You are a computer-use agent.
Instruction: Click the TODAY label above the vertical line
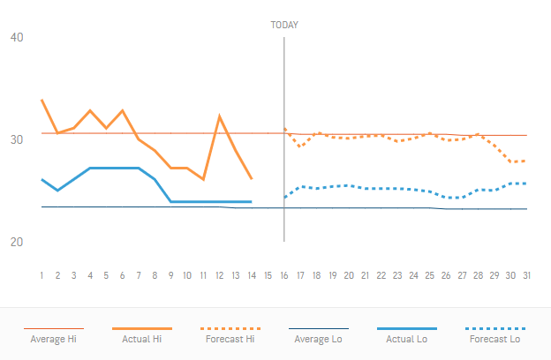click(x=283, y=25)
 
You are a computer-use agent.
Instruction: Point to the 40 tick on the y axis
click(x=18, y=37)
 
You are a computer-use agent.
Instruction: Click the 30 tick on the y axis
click(x=18, y=139)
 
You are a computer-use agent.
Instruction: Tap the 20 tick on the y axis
click(x=18, y=242)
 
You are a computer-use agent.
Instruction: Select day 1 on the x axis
click(x=42, y=275)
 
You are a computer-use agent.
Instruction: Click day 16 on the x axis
click(x=284, y=275)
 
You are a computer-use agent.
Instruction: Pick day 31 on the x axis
click(x=526, y=275)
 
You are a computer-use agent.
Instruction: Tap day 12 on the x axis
click(x=219, y=275)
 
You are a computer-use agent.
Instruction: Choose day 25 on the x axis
click(x=429, y=275)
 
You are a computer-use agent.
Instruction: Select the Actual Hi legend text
click(x=141, y=338)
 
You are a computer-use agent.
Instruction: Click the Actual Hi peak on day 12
click(x=219, y=116)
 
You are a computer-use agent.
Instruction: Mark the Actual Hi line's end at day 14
click(x=252, y=179)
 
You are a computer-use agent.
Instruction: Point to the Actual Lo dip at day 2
click(x=57, y=191)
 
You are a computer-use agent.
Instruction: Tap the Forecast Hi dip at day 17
click(x=300, y=146)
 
